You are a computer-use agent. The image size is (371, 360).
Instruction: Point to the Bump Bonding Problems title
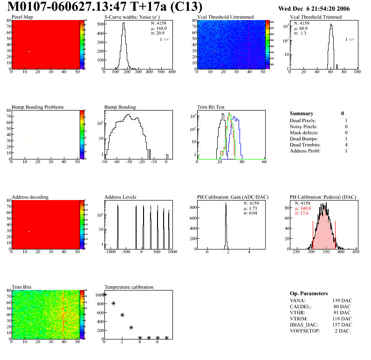[38, 107]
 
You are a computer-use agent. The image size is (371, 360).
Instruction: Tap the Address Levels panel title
[120, 197]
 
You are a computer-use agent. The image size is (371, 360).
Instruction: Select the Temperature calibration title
[129, 287]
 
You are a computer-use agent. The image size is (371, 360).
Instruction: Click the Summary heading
[302, 113]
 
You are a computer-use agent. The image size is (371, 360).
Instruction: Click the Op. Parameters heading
[310, 293]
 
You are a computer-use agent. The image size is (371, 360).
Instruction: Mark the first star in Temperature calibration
[104, 294]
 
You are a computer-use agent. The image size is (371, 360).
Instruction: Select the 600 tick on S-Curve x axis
[172, 72]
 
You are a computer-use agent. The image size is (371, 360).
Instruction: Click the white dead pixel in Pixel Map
[29, 51]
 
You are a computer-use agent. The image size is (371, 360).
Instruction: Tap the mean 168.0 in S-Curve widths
[160, 28]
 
